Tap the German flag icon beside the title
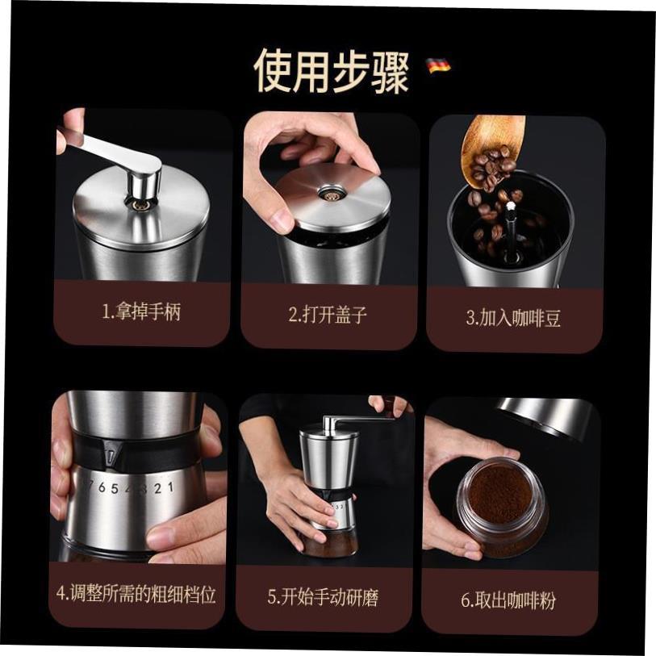439,65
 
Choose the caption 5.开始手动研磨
323,597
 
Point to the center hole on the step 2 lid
328,194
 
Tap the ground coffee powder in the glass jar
499,493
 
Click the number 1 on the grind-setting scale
169,487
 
